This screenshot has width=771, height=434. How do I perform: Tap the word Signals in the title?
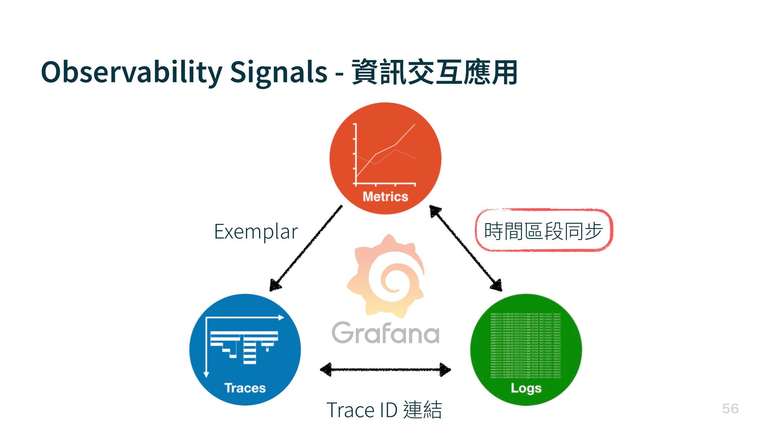pyautogui.click(x=278, y=72)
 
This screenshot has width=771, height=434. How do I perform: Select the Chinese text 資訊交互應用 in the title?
pyautogui.click(x=434, y=72)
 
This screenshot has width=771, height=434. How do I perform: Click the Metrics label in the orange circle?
pyautogui.click(x=385, y=197)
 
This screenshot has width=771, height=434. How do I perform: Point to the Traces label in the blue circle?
pyautogui.click(x=245, y=388)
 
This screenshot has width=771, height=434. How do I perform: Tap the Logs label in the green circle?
pyautogui.click(x=526, y=388)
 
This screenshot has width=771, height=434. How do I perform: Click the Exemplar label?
pyautogui.click(x=256, y=231)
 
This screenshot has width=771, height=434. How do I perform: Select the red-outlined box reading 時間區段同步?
pyautogui.click(x=544, y=231)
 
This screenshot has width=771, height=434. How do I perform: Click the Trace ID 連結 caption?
pyautogui.click(x=384, y=410)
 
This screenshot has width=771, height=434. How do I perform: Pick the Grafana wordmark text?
pyautogui.click(x=385, y=333)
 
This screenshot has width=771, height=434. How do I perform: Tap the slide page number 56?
pyautogui.click(x=730, y=409)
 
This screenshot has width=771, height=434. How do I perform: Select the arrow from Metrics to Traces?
pyautogui.click(x=306, y=248)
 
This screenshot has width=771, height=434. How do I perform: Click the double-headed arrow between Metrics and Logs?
pyautogui.click(x=466, y=248)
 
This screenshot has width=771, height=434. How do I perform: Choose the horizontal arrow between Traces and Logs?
pyautogui.click(x=385, y=370)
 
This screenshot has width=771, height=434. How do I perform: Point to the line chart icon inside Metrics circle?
pyautogui.click(x=385, y=155)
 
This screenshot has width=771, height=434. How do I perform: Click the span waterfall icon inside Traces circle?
pyautogui.click(x=243, y=346)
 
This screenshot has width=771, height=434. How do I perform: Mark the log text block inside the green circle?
pyautogui.click(x=526, y=346)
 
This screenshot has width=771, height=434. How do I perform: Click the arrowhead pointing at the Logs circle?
pyautogui.click(x=497, y=285)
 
